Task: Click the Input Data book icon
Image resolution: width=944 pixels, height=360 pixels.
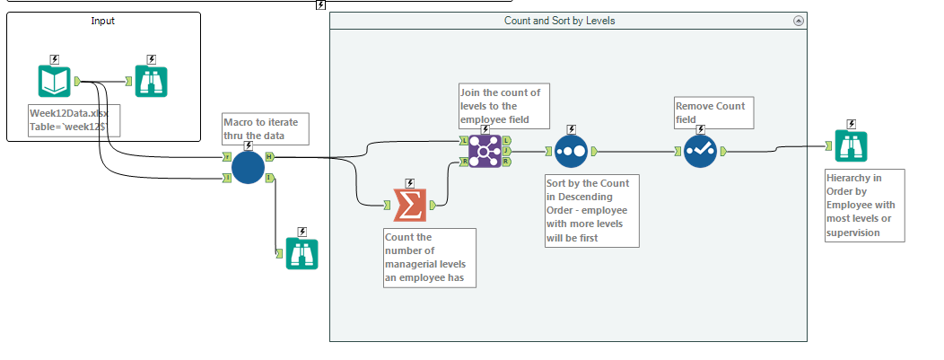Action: point(54,82)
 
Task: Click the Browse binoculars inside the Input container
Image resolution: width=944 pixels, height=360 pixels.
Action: point(151,82)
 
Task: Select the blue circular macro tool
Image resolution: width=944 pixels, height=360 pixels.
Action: point(248,167)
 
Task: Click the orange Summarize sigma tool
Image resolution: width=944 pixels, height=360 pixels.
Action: point(410,205)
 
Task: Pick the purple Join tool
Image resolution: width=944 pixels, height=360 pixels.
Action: point(484,151)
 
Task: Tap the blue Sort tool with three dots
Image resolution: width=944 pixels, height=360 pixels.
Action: point(570,152)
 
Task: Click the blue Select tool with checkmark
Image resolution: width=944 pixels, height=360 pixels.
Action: point(699,151)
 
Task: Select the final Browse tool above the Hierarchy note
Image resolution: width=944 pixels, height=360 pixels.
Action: point(850,145)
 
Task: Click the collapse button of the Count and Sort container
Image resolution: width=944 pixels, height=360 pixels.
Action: point(799,21)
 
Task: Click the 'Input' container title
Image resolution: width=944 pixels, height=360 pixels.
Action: point(103,21)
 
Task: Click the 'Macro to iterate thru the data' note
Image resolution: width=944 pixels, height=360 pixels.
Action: point(266,128)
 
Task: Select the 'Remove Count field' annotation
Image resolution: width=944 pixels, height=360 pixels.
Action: point(709,111)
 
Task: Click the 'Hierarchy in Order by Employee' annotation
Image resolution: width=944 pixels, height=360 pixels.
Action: point(863,205)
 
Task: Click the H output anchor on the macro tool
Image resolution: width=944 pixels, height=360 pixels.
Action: point(270,158)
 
